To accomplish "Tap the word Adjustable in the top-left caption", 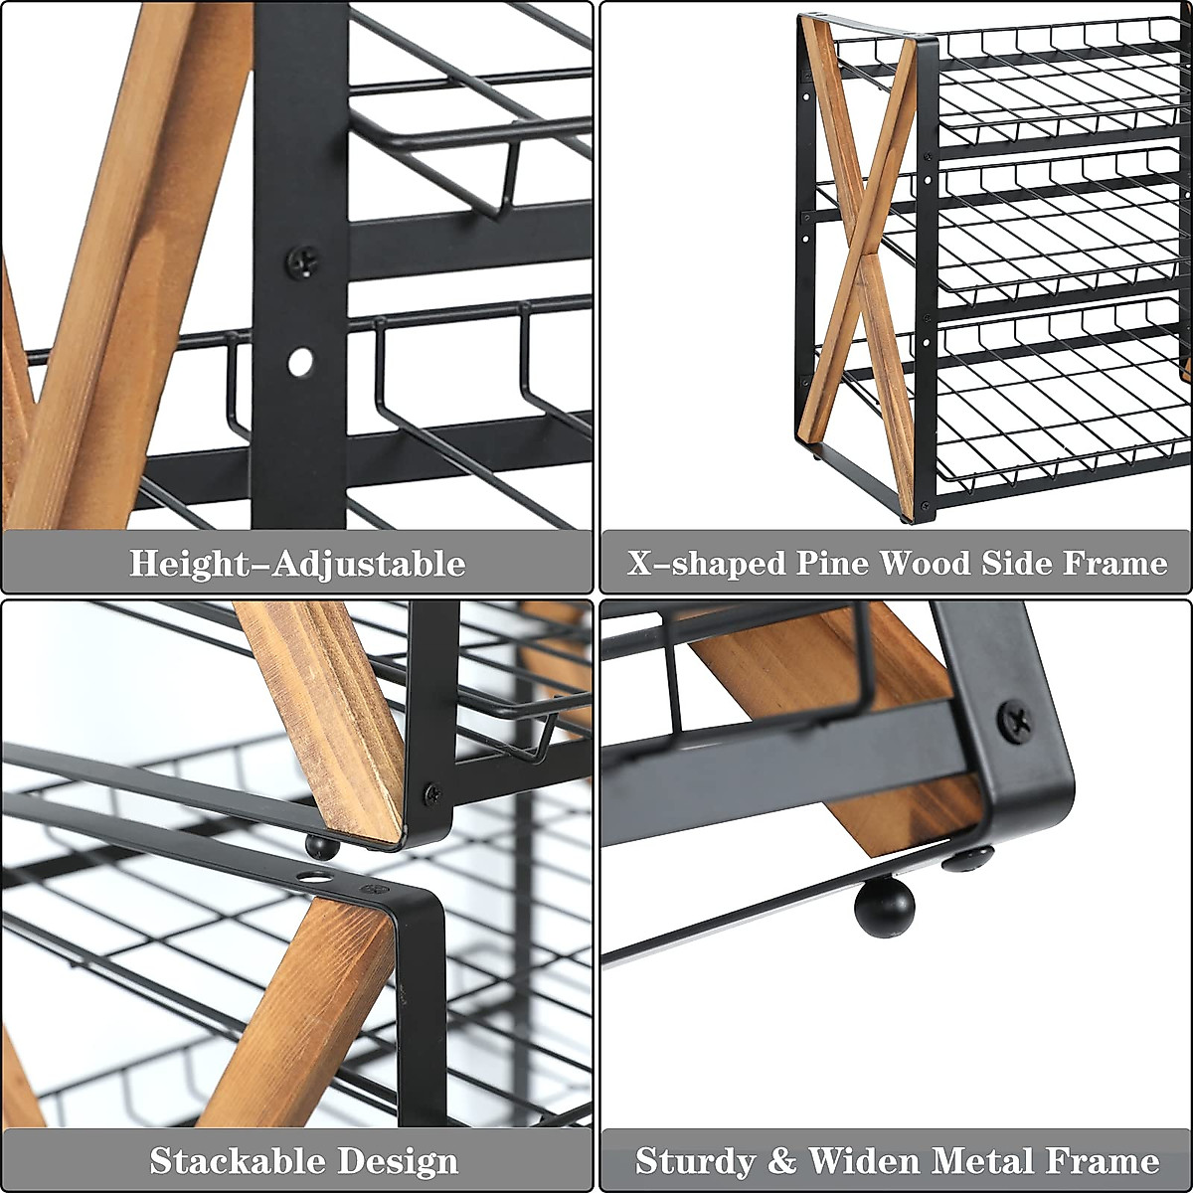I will coord(369,565).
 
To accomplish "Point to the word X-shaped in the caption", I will coord(707,564).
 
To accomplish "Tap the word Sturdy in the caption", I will coord(696,1160).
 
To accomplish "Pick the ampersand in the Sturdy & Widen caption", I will coord(782,1160).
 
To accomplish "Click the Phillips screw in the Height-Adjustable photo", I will coord(302,261).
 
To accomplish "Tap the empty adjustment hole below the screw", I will coord(300,362).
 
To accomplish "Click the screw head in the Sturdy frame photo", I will coord(1015,721).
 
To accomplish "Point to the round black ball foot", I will coord(884,908).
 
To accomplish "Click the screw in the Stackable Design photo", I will coord(433,793).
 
